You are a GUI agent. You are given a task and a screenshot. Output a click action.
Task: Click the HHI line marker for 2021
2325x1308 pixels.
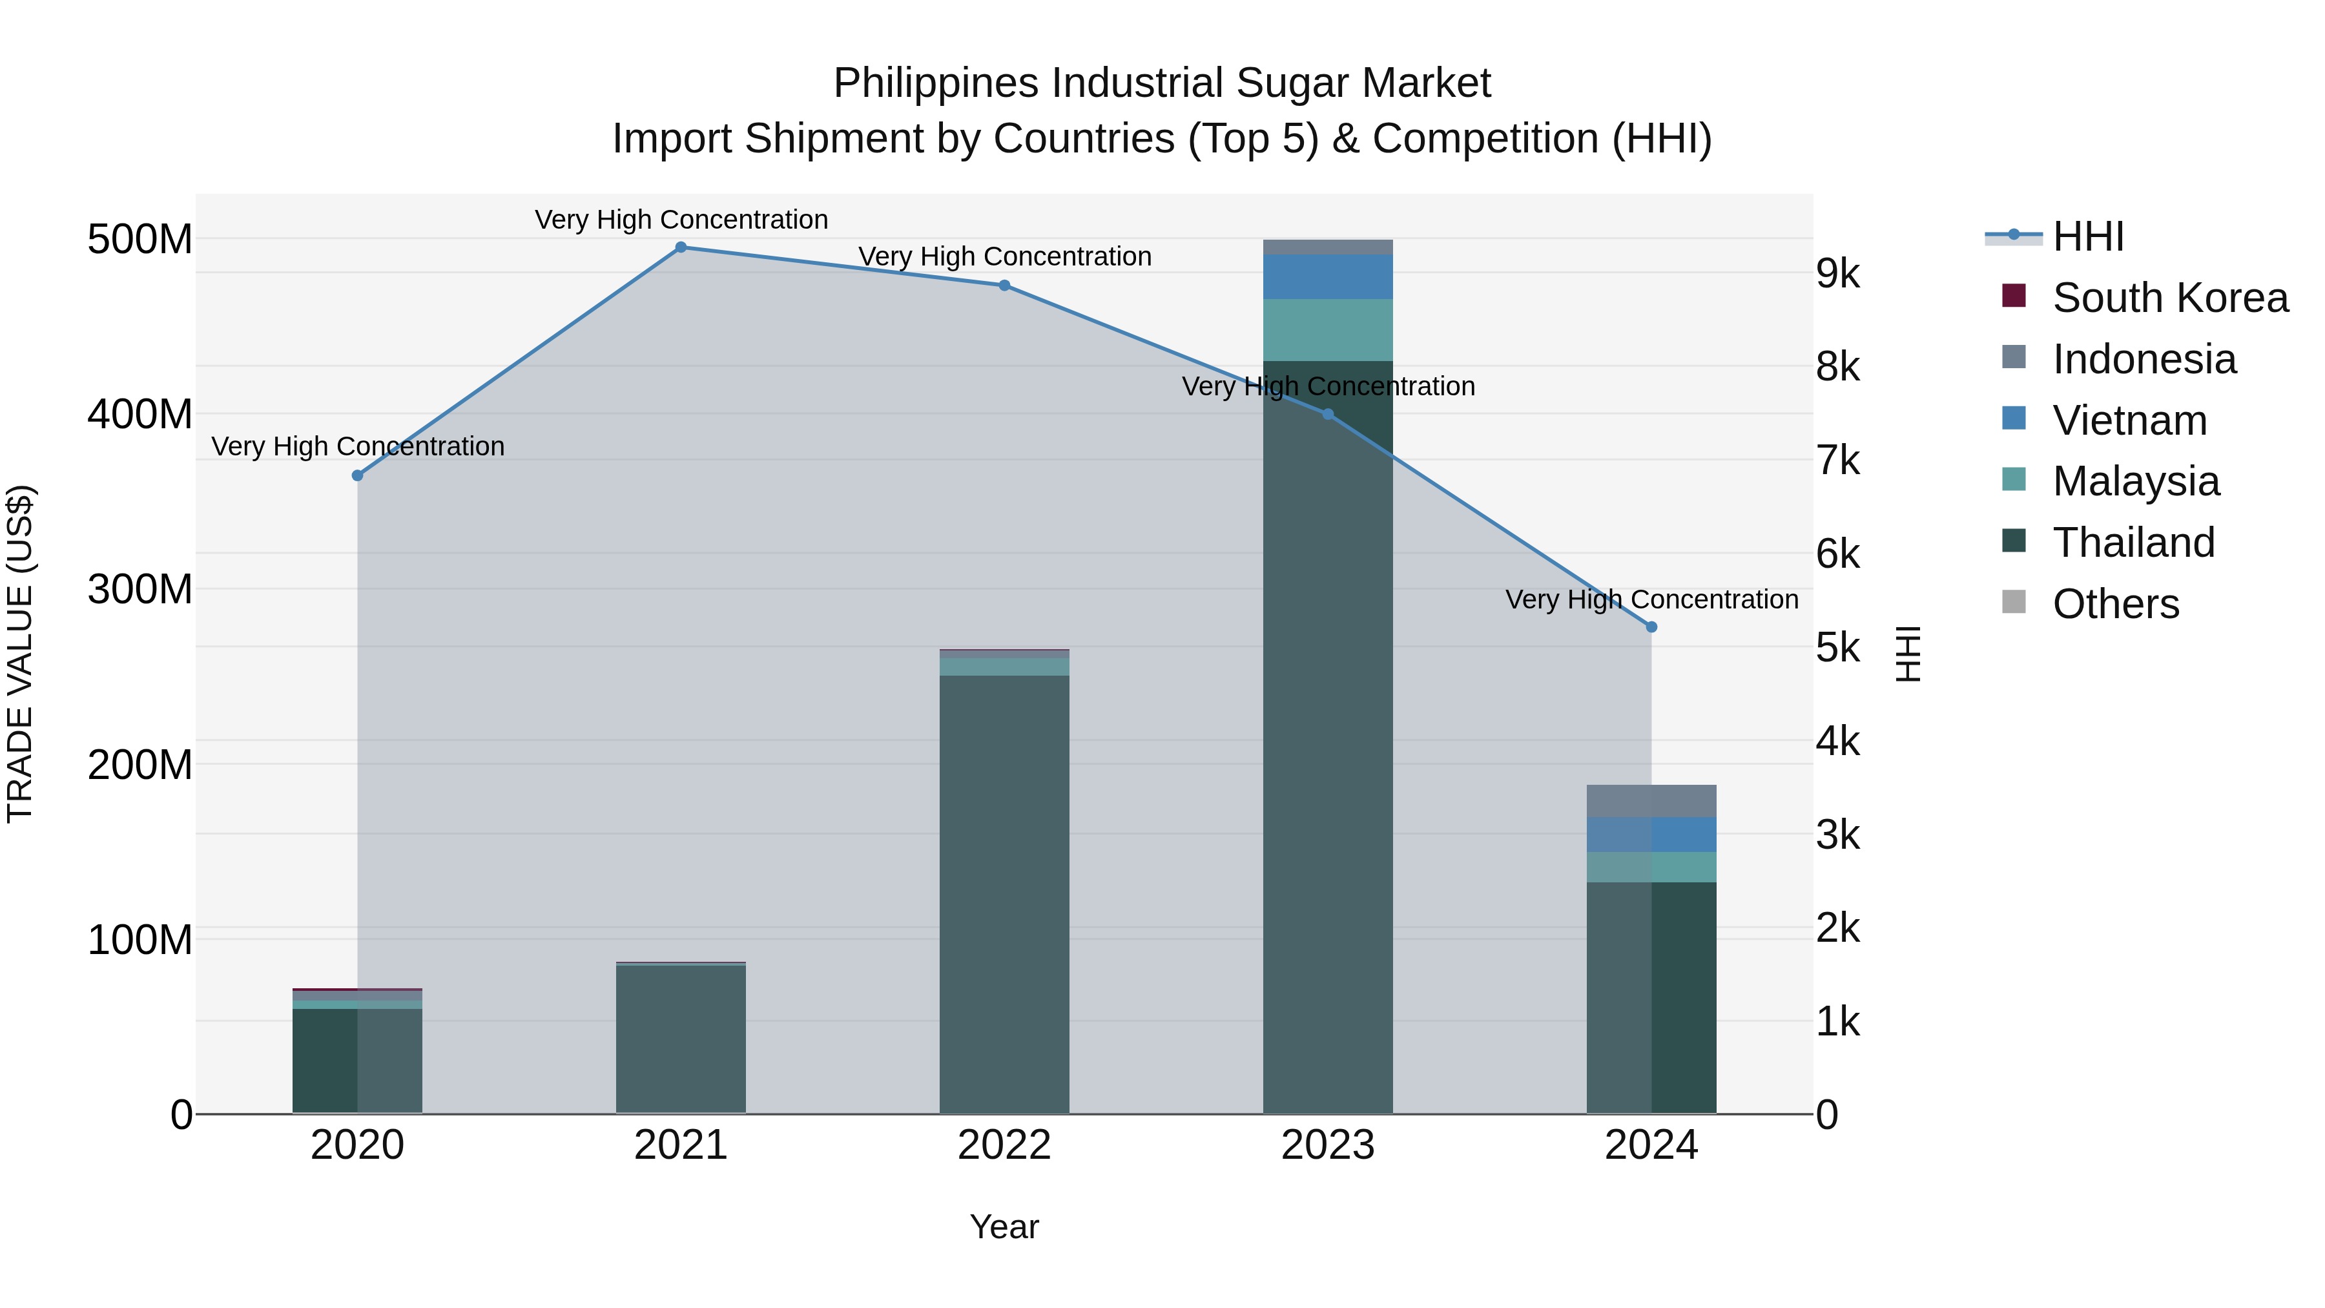click(x=681, y=247)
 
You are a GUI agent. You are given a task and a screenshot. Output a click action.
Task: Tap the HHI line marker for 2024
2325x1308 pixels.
click(x=1651, y=627)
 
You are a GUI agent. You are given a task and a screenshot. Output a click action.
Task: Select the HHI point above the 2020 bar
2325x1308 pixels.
click(x=357, y=475)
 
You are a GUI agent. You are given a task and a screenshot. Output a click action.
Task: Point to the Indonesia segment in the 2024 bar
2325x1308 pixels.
click(x=1651, y=801)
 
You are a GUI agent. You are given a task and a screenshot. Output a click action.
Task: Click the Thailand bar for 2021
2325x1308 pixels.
click(x=681, y=1038)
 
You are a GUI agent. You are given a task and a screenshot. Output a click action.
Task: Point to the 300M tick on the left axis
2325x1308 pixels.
click(x=140, y=590)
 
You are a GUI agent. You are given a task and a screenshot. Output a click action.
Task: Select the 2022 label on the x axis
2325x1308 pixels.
click(x=1004, y=1145)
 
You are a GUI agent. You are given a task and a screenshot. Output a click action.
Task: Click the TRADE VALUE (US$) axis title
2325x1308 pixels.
click(x=20, y=654)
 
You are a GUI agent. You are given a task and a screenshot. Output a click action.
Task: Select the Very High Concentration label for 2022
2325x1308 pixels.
click(x=1004, y=256)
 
